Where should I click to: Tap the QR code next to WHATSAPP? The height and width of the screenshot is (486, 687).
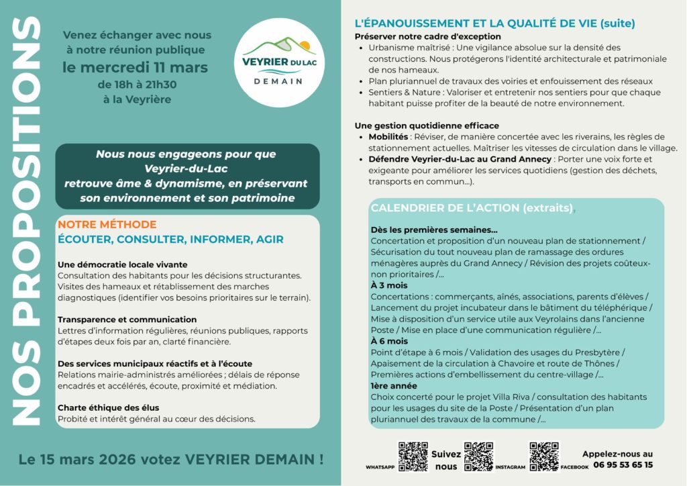413,456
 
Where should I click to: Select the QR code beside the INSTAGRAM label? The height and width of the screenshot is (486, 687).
478,456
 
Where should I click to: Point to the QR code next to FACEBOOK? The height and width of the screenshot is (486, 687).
543,456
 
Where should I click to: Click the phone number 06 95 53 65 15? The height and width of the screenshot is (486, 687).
617,465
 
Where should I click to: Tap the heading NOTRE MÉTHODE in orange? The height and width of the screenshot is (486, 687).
107,224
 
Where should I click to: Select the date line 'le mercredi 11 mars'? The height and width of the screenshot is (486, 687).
135,67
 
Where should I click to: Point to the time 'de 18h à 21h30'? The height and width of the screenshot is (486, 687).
138,85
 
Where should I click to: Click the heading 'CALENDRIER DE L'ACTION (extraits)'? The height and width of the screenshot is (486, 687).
472,208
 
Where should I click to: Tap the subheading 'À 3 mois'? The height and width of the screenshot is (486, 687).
389,285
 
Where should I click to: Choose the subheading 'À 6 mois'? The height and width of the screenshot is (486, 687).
389,341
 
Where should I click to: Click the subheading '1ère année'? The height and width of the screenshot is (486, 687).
394,386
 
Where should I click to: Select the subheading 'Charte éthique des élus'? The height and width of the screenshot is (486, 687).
108,407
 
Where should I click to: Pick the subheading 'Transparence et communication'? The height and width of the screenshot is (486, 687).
127,320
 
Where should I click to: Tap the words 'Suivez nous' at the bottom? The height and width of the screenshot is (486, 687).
445,460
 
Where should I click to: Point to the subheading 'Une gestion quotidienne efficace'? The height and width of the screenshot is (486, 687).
427,126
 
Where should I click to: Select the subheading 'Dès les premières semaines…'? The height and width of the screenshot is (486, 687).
434,230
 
